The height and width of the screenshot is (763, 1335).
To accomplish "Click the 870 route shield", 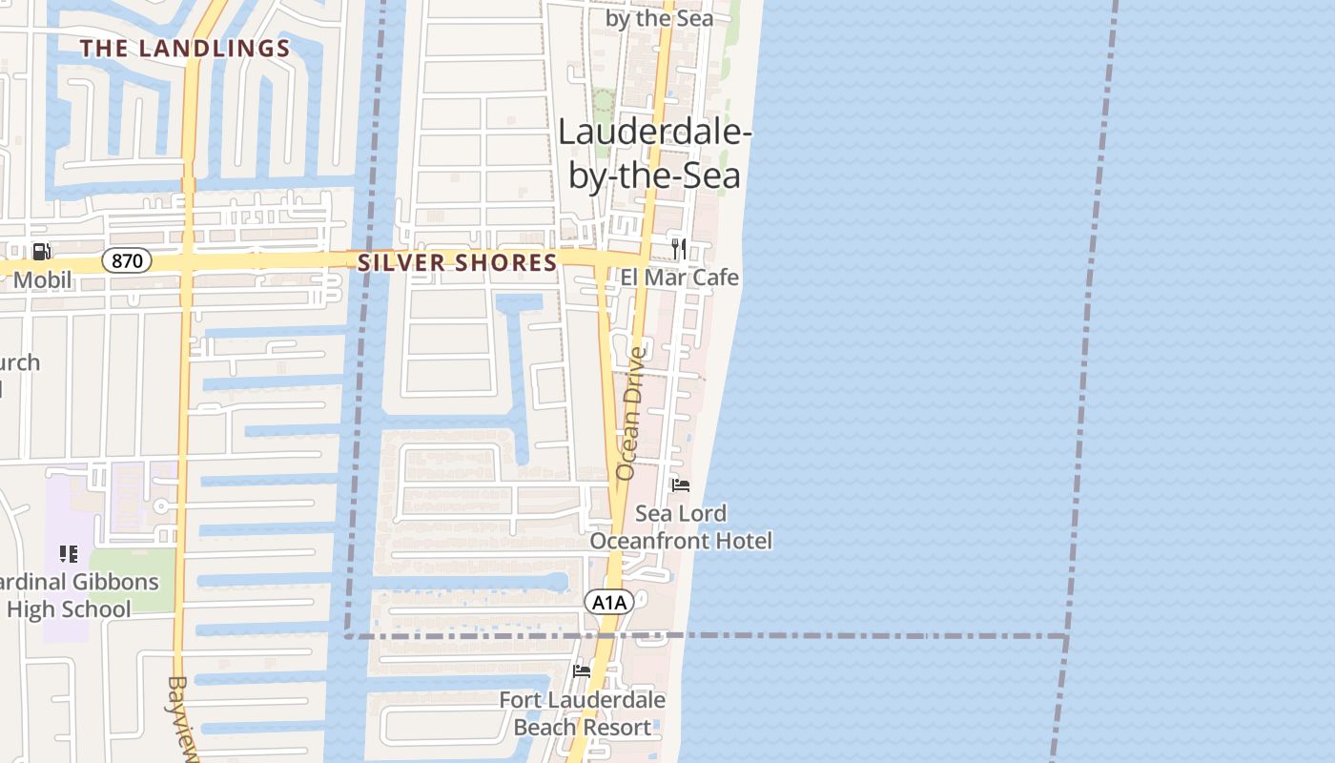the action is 127,260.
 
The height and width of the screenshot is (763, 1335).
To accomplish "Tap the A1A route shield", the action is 608,602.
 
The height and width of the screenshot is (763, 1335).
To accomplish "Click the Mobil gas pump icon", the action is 42,252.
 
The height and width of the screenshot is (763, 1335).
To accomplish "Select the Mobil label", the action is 42,280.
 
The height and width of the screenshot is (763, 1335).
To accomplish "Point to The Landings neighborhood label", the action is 185,49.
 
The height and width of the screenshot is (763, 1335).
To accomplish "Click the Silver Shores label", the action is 458,262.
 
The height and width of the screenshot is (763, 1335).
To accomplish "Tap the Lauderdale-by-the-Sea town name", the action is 654,154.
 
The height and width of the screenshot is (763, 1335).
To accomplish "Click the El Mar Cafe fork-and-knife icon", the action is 679,249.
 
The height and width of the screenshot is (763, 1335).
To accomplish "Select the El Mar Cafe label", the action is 679,278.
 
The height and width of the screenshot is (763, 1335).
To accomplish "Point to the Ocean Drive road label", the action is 630,413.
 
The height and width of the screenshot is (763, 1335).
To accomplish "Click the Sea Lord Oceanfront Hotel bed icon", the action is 680,485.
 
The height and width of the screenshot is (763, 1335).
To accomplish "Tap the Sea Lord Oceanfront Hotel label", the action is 681,527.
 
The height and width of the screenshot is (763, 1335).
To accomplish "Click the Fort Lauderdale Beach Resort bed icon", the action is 582,671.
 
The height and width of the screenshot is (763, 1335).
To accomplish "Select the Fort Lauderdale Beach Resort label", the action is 583,713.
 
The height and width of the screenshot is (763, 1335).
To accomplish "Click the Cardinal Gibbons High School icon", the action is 68,554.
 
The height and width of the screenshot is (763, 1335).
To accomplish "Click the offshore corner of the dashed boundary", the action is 1065,636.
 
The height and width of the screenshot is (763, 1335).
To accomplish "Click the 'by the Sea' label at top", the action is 659,18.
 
